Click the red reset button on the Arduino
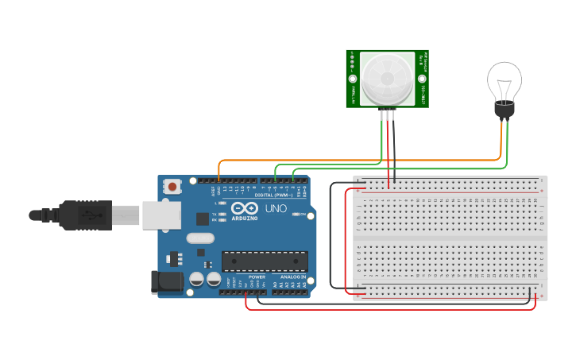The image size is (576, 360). (172, 187)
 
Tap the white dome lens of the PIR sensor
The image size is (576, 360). (387, 79)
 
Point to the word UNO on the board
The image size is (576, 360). (275, 209)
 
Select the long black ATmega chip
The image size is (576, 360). (265, 261)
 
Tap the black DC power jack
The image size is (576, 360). (164, 281)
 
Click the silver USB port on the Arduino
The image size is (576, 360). (161, 215)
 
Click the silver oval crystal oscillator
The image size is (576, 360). (200, 238)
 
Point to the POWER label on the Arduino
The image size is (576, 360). (257, 277)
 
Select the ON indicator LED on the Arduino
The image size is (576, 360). (296, 214)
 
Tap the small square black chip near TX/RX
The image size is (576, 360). (203, 218)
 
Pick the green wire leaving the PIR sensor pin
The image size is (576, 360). (385, 135)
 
